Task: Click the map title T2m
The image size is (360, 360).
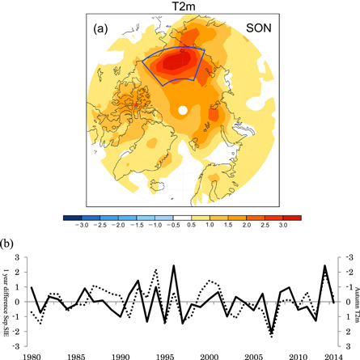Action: coord(181,6)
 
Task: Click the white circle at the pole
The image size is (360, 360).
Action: coord(183,109)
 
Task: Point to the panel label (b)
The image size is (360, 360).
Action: coord(7,242)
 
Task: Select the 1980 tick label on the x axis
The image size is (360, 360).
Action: coord(32,354)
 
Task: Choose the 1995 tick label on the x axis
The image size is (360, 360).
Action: coord(165,354)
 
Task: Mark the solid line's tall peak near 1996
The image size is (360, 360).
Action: coord(173,265)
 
